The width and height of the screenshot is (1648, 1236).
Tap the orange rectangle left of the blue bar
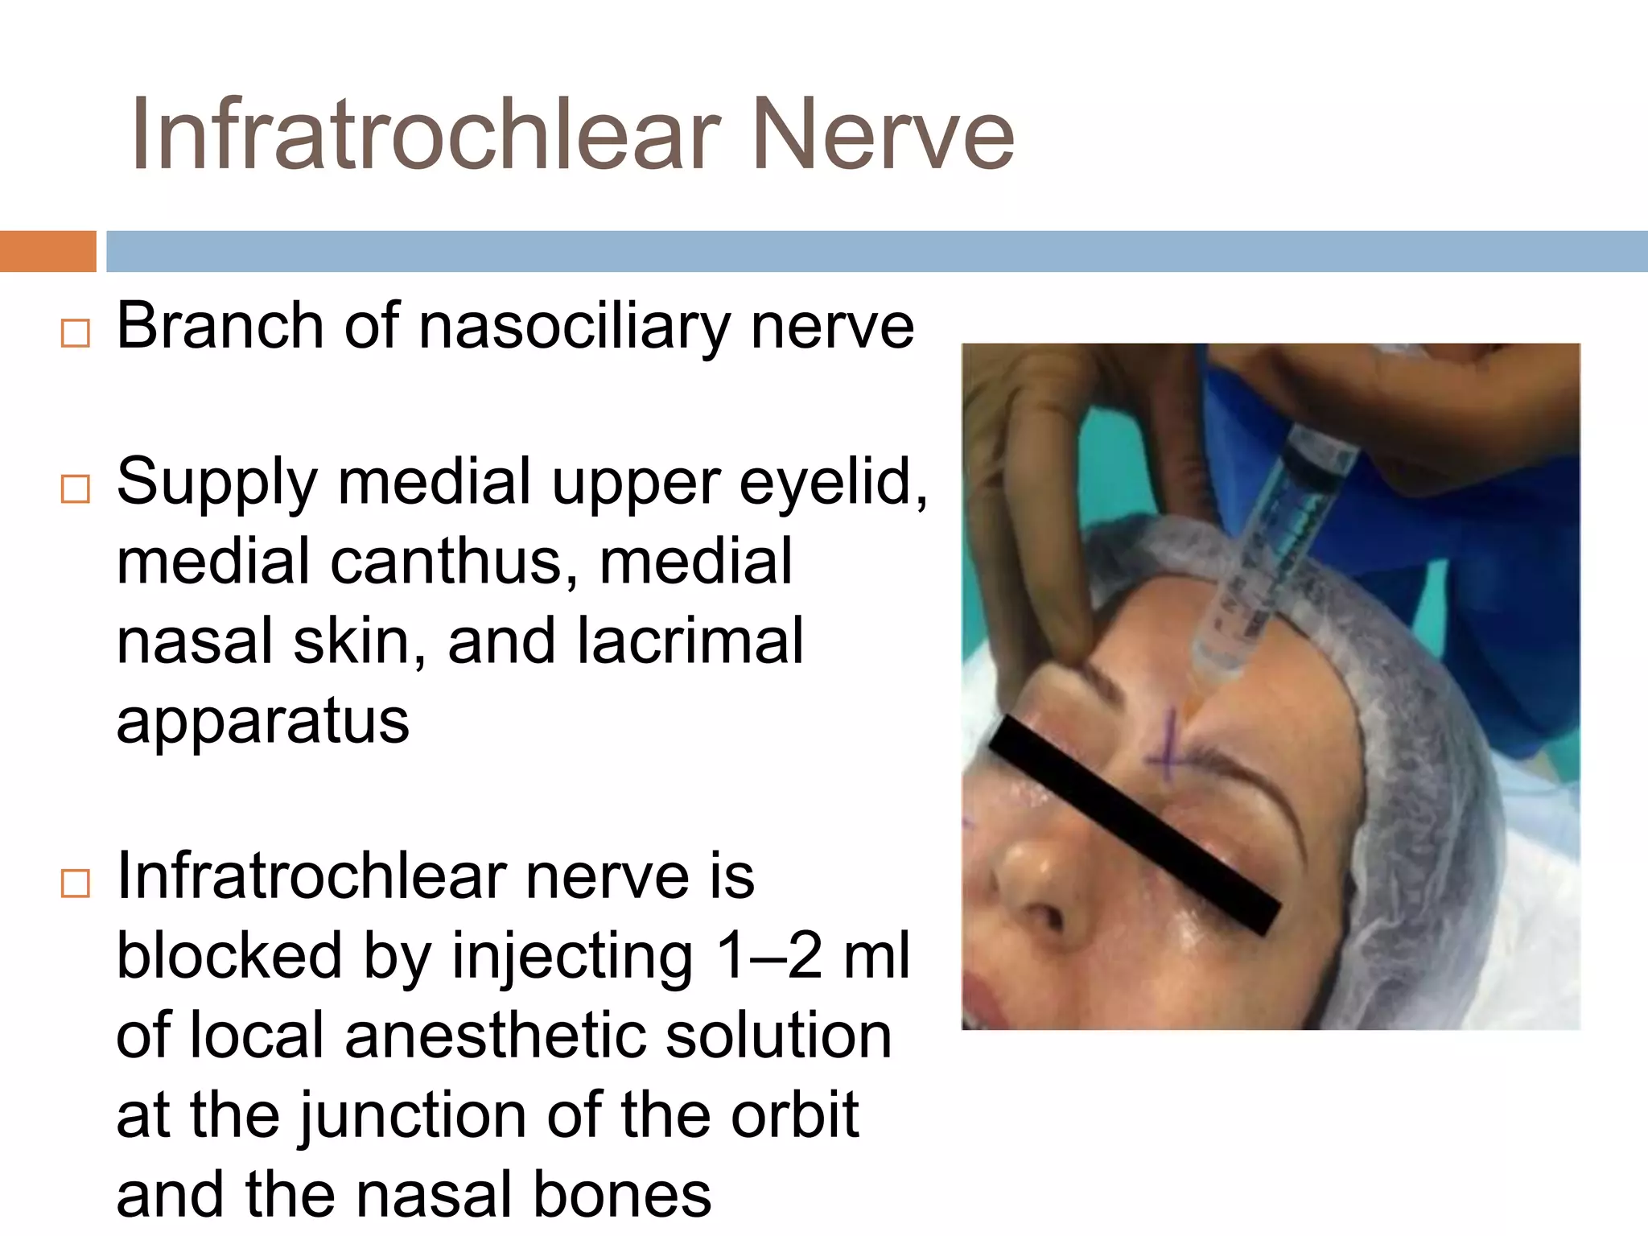coord(47,251)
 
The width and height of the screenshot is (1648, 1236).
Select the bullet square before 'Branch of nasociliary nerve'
coord(76,332)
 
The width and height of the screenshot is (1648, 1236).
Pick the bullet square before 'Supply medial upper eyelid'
coord(76,488)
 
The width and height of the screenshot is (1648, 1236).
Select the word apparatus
coord(263,720)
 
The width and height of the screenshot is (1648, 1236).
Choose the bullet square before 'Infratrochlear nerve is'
coord(76,884)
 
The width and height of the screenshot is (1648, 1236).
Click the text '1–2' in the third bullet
coord(768,955)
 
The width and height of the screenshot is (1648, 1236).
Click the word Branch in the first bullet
coord(219,326)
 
